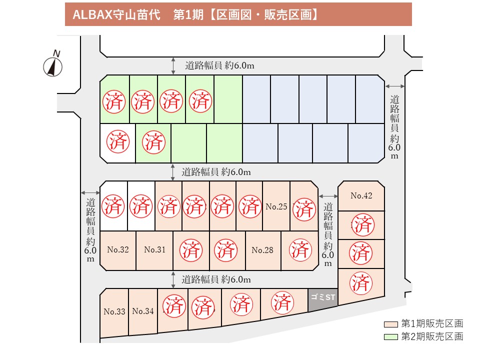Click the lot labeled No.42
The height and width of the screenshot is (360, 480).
point(361,195)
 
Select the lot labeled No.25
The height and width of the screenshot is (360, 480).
point(276,206)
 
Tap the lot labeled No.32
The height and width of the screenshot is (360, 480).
point(118,250)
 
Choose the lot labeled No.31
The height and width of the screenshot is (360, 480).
point(154,250)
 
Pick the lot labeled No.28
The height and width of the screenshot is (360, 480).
point(262,250)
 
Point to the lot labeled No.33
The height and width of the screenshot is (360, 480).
point(114,312)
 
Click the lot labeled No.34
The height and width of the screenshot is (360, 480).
point(143,311)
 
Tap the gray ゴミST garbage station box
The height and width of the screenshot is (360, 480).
point(322,299)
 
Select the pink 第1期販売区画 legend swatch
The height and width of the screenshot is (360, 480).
point(391,324)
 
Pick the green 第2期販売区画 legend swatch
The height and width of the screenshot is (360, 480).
point(391,337)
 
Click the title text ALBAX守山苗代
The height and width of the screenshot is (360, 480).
point(116,14)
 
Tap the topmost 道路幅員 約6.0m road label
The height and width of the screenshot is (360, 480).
point(219,65)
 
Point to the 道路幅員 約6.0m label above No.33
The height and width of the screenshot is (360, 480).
point(216,279)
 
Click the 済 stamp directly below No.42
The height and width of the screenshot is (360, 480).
point(363,225)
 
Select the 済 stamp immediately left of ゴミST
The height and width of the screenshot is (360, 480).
point(282,303)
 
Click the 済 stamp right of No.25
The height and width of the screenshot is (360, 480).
point(304,209)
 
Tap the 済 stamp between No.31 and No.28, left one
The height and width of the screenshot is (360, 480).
point(191,250)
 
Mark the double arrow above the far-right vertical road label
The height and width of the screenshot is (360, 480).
point(394,86)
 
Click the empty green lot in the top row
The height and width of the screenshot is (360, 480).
point(228,99)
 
